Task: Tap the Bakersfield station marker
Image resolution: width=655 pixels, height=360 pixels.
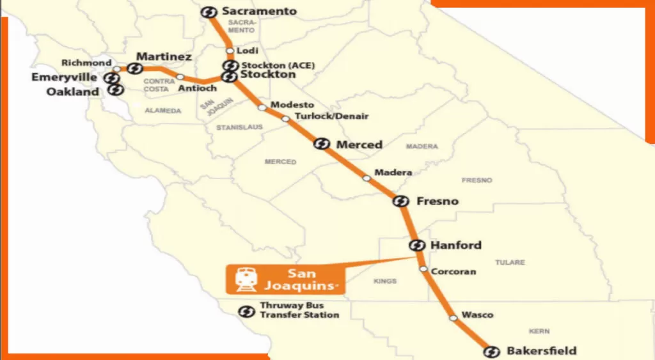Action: [x=491, y=352]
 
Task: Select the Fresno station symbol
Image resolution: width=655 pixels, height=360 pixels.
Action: [x=400, y=201]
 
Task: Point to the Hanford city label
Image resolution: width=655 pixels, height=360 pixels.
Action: [x=456, y=246]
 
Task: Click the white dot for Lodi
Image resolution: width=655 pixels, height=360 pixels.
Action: [x=230, y=51]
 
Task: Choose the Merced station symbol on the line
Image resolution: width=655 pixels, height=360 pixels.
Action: [x=322, y=144]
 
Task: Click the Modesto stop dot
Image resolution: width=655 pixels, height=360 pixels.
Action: [x=262, y=107]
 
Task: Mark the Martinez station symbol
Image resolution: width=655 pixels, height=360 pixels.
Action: [x=135, y=68]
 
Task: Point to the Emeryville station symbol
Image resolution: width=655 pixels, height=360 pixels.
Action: [x=113, y=78]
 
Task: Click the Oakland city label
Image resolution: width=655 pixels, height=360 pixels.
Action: [x=72, y=91]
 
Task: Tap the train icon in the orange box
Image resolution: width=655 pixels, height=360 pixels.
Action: [x=245, y=279]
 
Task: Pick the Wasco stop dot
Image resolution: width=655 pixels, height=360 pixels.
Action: [x=453, y=317]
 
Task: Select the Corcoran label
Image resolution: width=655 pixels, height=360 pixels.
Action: [x=454, y=271]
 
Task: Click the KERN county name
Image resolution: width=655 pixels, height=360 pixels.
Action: [x=539, y=331]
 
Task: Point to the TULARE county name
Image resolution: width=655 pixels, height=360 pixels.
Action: [x=510, y=262]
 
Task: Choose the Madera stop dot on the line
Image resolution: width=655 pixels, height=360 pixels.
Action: [x=367, y=178]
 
